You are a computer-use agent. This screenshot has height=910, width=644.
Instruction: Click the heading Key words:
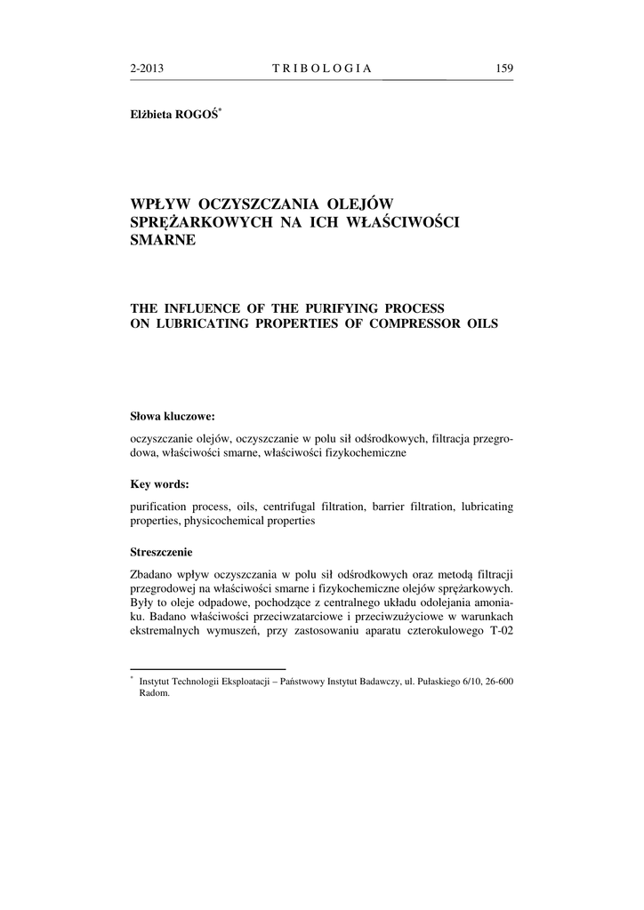tap(159, 484)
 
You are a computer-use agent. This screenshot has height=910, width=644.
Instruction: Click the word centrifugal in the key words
tap(293, 506)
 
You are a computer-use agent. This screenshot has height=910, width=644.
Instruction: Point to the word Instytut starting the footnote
tap(158, 681)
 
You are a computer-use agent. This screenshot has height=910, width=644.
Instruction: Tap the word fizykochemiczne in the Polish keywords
tap(361, 452)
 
